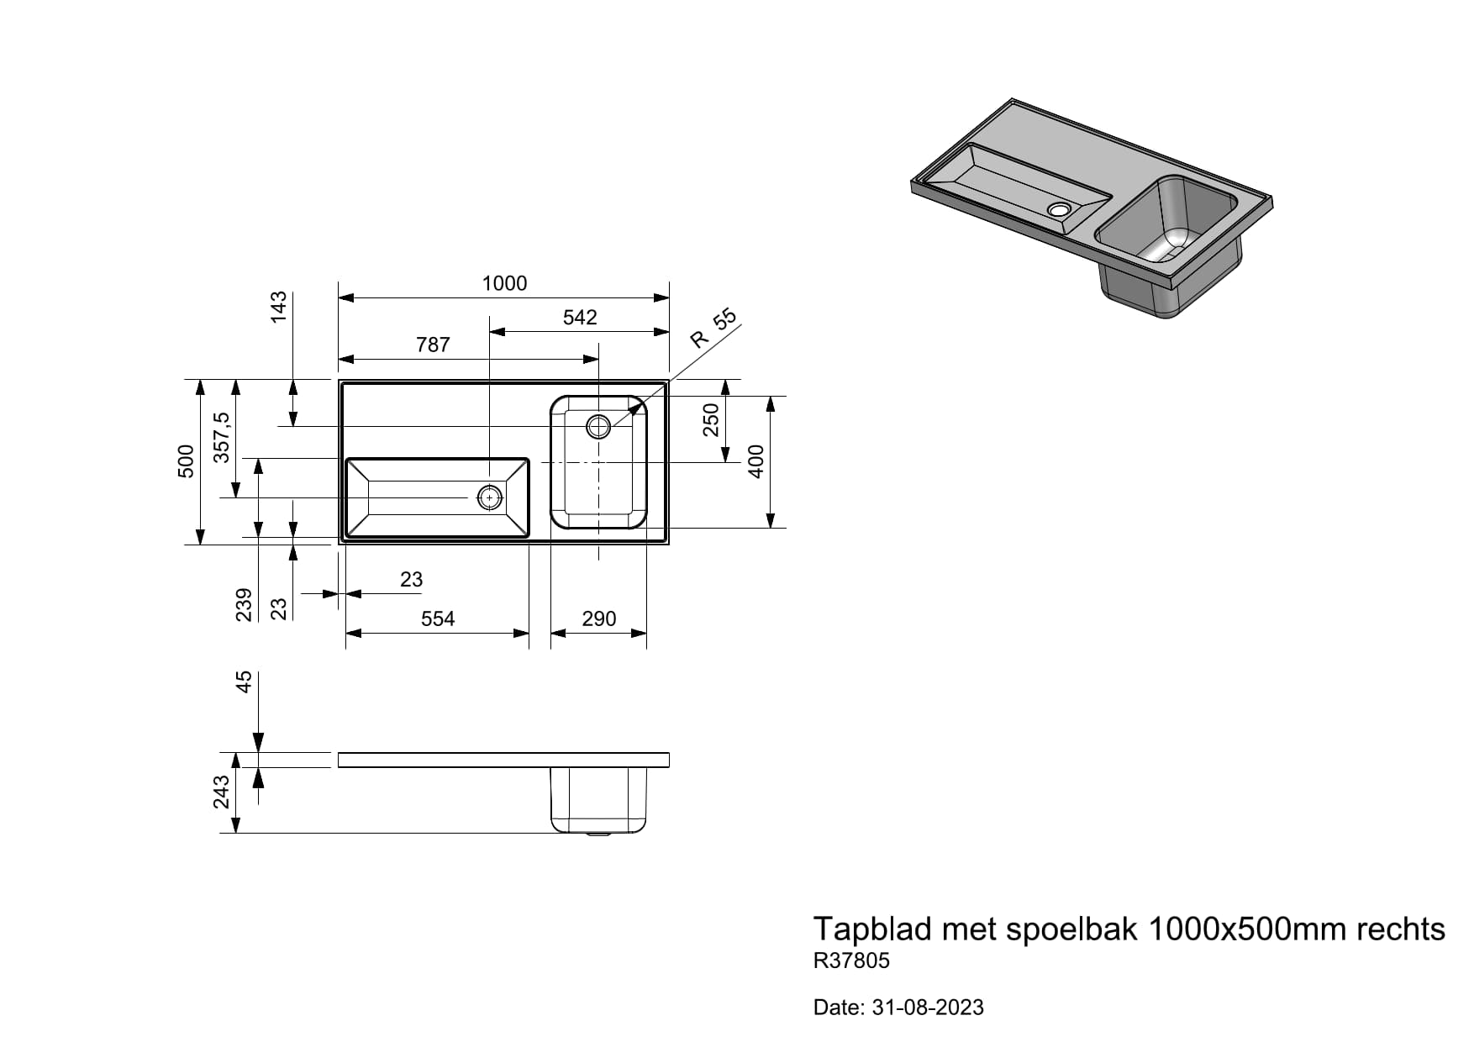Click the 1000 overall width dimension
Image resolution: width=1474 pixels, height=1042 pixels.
(x=504, y=283)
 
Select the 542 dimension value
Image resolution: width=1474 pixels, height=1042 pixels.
(x=580, y=318)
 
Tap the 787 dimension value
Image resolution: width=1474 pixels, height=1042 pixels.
(x=433, y=345)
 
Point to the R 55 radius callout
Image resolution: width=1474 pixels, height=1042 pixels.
(x=713, y=329)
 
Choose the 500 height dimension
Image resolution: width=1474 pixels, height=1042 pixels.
(x=187, y=461)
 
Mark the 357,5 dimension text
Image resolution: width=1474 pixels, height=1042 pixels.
(x=221, y=437)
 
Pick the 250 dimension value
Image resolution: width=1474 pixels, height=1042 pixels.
(x=712, y=419)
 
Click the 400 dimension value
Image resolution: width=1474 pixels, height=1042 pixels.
(x=756, y=461)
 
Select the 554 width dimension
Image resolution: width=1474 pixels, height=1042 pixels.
(x=438, y=619)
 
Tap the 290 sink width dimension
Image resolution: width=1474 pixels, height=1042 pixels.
(x=598, y=619)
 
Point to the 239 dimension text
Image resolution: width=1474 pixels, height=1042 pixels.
(x=244, y=604)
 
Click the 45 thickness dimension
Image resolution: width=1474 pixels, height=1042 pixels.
(x=244, y=682)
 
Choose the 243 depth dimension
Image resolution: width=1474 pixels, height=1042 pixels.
(x=221, y=792)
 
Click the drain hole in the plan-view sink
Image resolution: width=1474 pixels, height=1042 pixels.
(x=598, y=426)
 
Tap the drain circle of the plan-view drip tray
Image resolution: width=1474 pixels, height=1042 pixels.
(x=489, y=497)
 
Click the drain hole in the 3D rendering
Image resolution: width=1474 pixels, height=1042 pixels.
(x=1059, y=208)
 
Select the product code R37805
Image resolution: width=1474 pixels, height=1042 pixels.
(x=851, y=960)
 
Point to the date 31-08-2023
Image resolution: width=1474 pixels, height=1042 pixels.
(x=928, y=1008)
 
